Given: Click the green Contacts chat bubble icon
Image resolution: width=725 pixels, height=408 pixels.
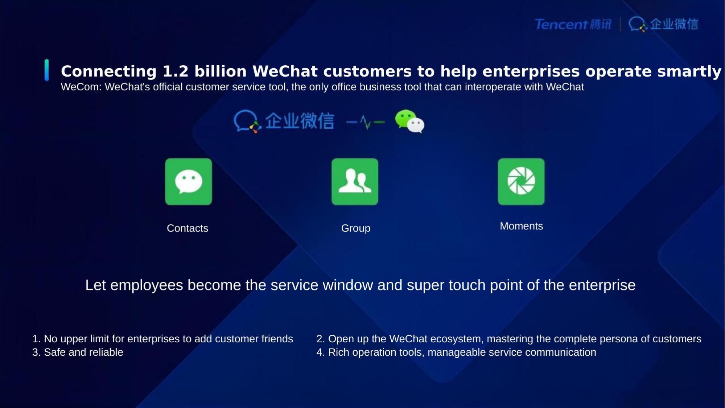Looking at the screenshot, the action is (x=189, y=181).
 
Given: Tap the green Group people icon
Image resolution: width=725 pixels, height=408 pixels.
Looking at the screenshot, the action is (x=355, y=181).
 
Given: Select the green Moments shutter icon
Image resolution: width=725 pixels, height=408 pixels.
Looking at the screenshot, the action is (x=521, y=181).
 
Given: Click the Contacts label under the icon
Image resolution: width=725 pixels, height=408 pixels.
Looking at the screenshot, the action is (x=188, y=228).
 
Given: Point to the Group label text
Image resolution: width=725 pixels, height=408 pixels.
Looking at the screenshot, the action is (x=356, y=228).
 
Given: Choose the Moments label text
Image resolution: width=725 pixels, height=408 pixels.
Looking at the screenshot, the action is (x=521, y=226).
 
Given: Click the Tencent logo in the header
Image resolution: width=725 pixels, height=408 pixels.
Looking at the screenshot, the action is (x=573, y=24).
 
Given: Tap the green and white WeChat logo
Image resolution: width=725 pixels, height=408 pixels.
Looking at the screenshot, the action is (x=409, y=121).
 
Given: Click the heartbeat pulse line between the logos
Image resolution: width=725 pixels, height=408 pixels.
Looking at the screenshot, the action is (x=366, y=122).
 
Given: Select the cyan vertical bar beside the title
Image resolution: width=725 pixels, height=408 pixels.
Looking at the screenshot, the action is (x=46, y=70).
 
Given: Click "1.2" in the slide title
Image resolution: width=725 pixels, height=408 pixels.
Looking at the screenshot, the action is (x=176, y=71).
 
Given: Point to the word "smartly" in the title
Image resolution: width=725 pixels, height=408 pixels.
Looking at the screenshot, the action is (x=689, y=72).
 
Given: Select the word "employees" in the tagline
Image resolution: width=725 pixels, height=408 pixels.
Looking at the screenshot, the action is (x=147, y=285).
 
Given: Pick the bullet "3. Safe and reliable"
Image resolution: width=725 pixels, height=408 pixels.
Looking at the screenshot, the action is (x=78, y=352).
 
